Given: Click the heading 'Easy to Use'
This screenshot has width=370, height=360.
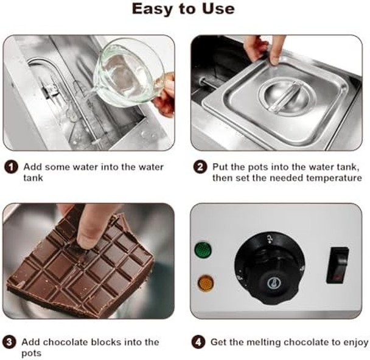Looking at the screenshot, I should coord(183,9).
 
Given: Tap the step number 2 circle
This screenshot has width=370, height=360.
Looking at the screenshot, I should coord(200,167).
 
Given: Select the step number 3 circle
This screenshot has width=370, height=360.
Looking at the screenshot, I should coord(9,342).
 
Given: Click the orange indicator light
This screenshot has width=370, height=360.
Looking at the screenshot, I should coord(206,283).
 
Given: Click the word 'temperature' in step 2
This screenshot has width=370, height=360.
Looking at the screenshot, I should coord(334,178).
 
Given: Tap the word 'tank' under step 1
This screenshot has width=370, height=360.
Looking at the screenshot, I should coord(33,178).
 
